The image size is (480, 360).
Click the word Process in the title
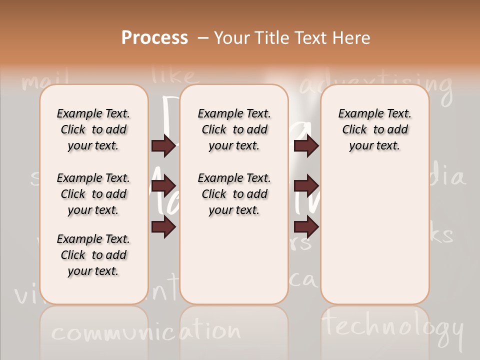point(154,38)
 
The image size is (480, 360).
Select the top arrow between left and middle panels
point(163,146)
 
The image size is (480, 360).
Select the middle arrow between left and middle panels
point(163,186)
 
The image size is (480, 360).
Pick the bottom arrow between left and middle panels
point(163,227)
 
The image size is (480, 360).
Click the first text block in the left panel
point(93,129)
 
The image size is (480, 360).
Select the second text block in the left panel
point(93,194)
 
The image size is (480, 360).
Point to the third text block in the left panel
point(93,255)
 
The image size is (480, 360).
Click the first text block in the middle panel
point(234,129)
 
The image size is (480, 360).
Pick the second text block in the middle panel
point(234,194)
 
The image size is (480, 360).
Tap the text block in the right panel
point(375,129)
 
